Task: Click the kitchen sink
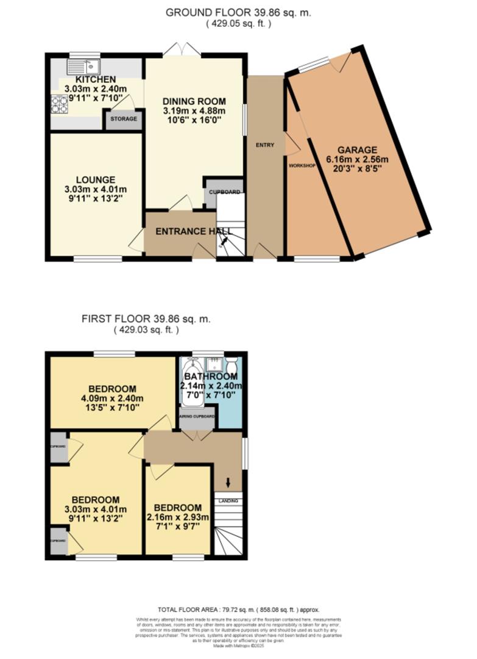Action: click(84, 65)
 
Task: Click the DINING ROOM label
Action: click(195, 101)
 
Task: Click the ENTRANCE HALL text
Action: click(194, 232)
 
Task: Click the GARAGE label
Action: click(359, 149)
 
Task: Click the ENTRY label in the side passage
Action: click(265, 145)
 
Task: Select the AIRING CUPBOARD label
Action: click(197, 417)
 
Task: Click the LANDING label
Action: click(228, 501)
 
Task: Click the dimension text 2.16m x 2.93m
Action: click(177, 518)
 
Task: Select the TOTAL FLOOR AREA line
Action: click(238, 610)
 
